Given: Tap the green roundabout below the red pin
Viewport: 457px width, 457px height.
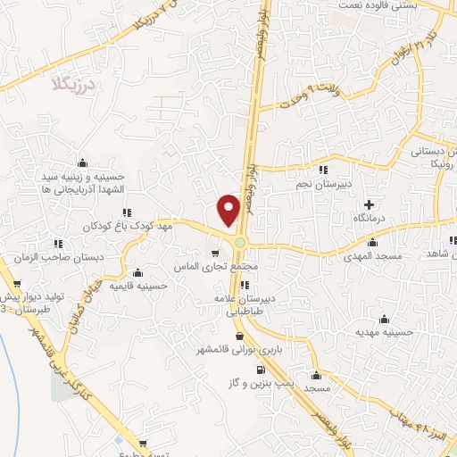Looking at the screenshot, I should pos(241,243).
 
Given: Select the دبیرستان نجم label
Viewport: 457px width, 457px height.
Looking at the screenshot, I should pos(325,183).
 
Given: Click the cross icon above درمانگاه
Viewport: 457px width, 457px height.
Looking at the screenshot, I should pos(369,204).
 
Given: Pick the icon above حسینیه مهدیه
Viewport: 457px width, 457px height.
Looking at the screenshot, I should pos(385,319).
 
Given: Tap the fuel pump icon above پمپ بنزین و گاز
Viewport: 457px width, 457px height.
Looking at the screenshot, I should pos(260,370).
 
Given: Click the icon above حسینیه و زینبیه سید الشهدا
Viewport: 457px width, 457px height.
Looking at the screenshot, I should pos(83,162).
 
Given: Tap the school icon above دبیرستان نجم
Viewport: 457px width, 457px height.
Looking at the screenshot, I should pos(323,170).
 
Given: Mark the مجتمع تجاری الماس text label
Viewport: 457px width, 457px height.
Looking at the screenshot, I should pos(232,267).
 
